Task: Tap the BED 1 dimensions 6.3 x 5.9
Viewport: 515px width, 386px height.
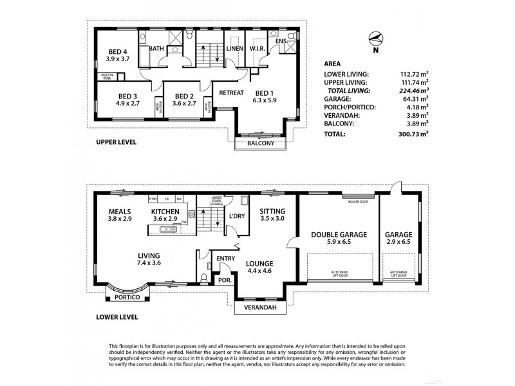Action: pyautogui.click(x=265, y=100)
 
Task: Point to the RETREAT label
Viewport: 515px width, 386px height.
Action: pyautogui.click(x=231, y=93)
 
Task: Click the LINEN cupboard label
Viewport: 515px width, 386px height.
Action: pyautogui.click(x=234, y=48)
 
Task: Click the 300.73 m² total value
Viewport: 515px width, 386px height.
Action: pyautogui.click(x=413, y=134)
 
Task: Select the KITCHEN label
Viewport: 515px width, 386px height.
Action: pyautogui.click(x=165, y=212)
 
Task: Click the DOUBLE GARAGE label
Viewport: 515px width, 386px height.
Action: pyautogui.click(x=339, y=235)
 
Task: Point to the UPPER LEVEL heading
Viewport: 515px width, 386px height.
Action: pyautogui.click(x=115, y=142)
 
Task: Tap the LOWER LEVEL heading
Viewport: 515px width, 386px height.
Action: pyautogui.click(x=116, y=317)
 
